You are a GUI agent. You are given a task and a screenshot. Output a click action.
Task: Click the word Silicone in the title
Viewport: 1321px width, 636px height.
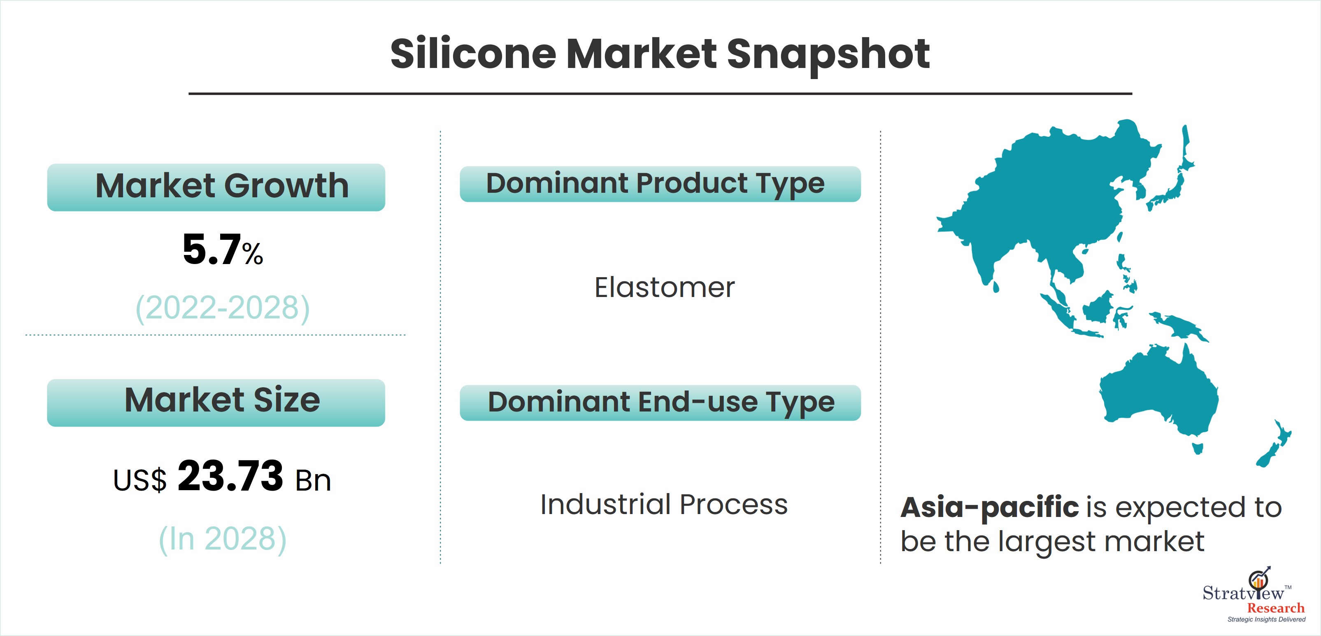click(x=473, y=54)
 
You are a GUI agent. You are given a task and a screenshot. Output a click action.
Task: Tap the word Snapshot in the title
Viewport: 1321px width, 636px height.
click(x=828, y=56)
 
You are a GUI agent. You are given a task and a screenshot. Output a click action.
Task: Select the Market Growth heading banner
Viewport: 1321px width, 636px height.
click(x=216, y=187)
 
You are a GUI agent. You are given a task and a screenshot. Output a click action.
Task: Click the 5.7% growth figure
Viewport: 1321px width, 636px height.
click(x=223, y=250)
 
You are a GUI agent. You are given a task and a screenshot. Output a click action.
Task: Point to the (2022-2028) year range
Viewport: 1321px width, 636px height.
click(x=223, y=308)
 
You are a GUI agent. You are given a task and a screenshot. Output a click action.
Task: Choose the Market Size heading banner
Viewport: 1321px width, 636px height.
click(x=216, y=402)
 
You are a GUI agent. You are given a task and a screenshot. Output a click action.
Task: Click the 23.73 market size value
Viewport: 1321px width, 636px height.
click(x=230, y=476)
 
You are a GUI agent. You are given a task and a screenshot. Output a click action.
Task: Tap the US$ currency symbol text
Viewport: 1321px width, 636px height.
click(x=140, y=480)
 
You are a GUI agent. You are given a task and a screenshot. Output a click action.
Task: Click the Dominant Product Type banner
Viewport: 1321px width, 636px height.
click(x=660, y=184)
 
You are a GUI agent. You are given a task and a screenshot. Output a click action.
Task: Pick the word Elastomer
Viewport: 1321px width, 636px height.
click(x=664, y=287)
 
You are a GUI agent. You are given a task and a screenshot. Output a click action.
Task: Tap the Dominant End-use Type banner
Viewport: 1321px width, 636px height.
click(x=660, y=403)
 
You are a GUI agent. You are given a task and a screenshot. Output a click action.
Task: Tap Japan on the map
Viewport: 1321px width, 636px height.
click(x=1174, y=180)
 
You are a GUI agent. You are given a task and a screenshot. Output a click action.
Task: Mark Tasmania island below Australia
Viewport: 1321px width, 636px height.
click(x=1198, y=449)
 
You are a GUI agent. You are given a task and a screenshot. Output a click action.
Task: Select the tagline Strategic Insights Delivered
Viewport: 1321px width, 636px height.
click(x=1266, y=620)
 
